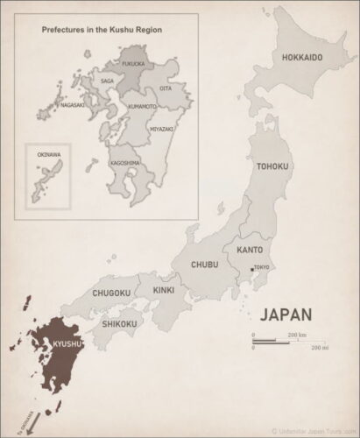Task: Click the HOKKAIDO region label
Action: [302, 58]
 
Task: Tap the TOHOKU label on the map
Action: [273, 166]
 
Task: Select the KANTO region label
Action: [251, 251]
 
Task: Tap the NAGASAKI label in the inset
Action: [72, 104]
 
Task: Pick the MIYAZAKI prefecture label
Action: [161, 129]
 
